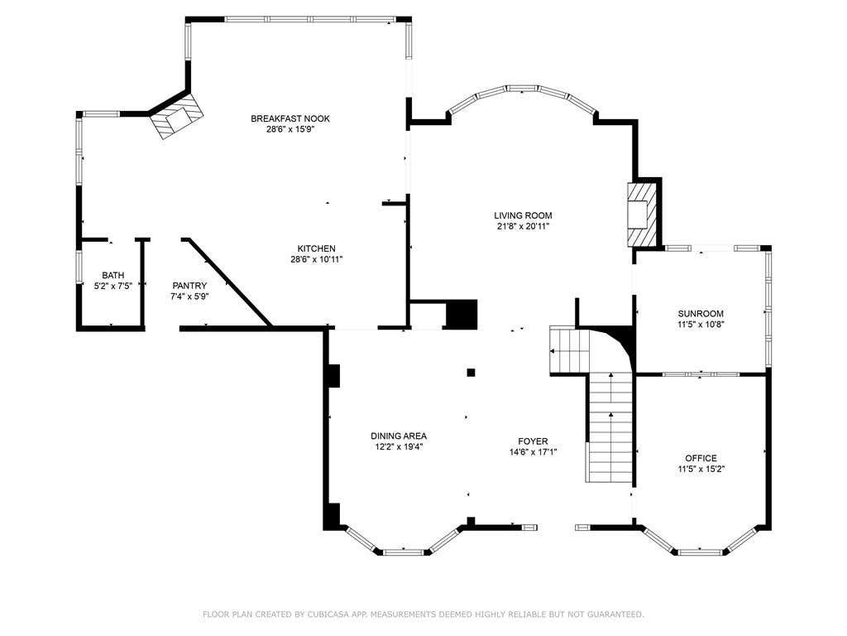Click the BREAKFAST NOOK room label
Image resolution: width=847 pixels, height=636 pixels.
click(290, 118)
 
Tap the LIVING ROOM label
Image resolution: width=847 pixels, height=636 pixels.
click(523, 216)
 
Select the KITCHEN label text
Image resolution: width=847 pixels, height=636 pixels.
click(317, 248)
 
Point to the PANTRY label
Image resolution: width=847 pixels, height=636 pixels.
click(189, 286)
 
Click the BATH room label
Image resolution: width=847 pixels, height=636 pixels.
click(112, 275)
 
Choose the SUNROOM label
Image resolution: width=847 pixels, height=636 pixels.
click(701, 314)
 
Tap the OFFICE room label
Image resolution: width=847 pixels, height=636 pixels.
click(701, 458)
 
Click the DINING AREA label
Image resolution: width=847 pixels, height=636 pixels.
click(399, 436)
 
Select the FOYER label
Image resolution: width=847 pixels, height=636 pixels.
click(533, 441)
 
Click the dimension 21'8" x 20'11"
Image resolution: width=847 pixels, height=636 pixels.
click(523, 227)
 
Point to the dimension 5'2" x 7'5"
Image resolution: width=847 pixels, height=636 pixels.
click(112, 286)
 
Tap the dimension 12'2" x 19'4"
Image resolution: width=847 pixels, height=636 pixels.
click(399, 446)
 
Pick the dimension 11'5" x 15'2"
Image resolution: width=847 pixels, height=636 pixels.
click(701, 469)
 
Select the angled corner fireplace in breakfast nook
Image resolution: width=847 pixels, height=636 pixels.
click(177, 116)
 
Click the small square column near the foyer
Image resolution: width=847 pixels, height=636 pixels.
click(471, 372)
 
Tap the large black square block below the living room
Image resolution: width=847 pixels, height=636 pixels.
click(462, 314)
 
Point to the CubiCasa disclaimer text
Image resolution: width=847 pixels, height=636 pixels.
click(423, 614)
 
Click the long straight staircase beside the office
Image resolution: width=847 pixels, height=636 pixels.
click(610, 427)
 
